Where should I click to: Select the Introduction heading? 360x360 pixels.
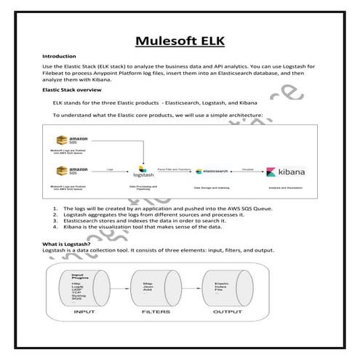pos(59,56)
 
